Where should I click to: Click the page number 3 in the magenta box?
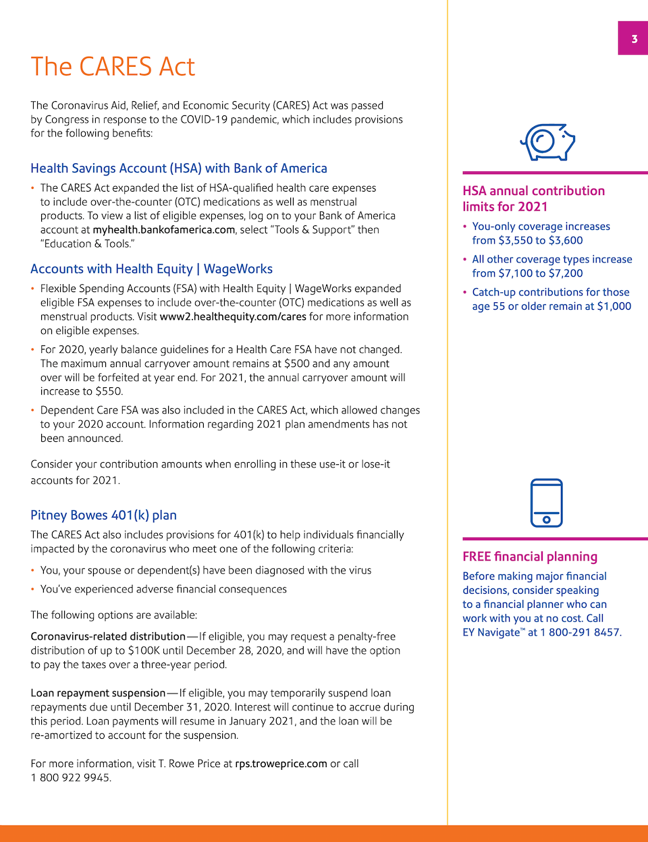pos(634,39)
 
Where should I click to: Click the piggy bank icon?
pos(547,142)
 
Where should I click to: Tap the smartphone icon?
pos(546,503)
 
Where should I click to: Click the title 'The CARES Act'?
pos(113,67)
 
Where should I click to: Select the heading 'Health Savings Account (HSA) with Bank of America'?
pos(179,168)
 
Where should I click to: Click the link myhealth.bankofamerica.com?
pos(164,229)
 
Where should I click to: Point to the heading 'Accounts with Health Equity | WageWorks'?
pos(152,269)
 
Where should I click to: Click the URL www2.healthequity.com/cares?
pos(233,316)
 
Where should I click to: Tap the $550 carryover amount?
pos(109,391)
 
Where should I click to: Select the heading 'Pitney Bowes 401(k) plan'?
pos(103,515)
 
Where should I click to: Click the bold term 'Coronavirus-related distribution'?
pos(108,636)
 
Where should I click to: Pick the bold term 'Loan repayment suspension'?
pos(98,693)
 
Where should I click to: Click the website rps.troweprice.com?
pos(281,764)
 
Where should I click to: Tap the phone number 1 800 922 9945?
pos(70,778)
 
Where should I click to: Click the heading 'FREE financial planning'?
pos(530,557)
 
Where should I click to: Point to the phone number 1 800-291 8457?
pos(579,633)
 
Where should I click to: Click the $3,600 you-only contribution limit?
pos(566,240)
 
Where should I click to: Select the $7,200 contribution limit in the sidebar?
pos(566,273)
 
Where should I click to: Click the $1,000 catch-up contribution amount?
pos(614,306)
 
